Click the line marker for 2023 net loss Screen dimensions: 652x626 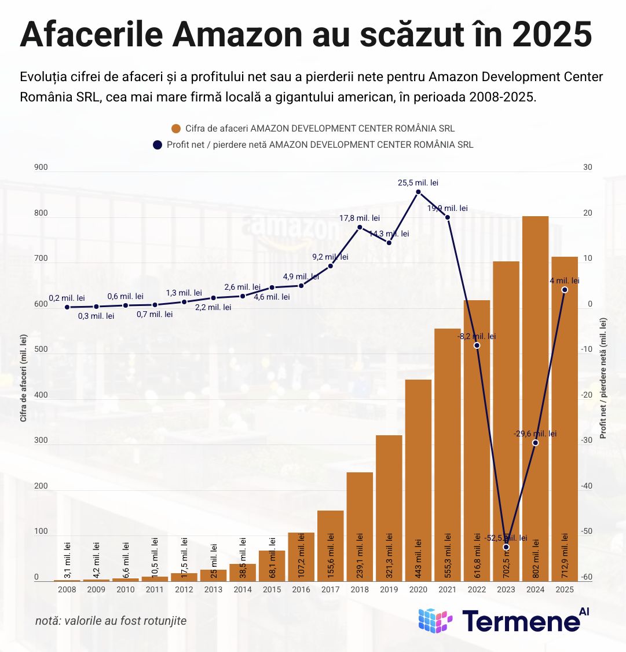[506, 547]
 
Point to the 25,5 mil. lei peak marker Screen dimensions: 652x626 [418, 192]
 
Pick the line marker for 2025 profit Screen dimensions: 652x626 [565, 290]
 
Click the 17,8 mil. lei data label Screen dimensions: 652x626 [359, 218]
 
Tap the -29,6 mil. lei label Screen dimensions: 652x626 [535, 434]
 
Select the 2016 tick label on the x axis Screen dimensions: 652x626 [301, 589]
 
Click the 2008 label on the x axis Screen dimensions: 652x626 [67, 589]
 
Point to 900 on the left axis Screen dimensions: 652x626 [41, 167]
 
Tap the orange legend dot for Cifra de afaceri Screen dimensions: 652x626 [176, 129]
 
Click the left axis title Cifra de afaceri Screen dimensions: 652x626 [24, 377]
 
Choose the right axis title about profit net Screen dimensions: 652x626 [603, 377]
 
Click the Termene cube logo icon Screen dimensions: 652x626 [435, 621]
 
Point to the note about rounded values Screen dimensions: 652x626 [111, 621]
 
